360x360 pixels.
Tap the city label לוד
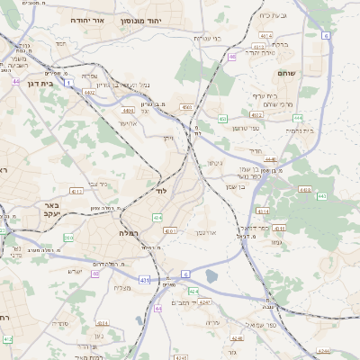(163, 192)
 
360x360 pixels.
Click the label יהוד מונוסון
(166, 19)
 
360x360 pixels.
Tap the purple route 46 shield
(232, 57)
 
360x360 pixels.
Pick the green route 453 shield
(222, 118)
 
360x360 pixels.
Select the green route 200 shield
(68, 238)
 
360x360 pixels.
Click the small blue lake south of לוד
(211, 276)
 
